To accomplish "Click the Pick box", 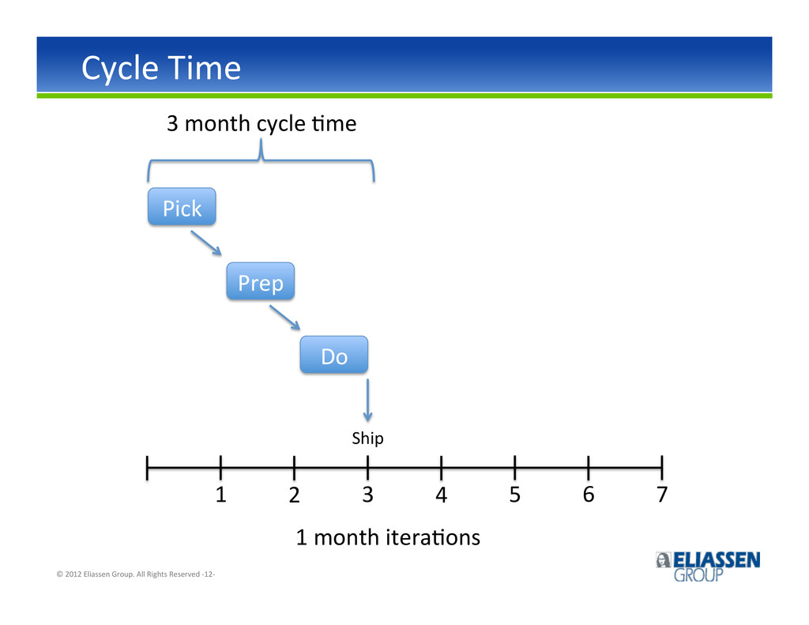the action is click(x=182, y=206).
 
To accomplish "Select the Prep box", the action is click(x=261, y=281).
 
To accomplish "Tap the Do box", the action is click(x=334, y=355).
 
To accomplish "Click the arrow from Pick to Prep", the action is click(x=206, y=243).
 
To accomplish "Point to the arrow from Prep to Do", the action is click(x=284, y=318).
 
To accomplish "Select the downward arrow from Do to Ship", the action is click(x=367, y=401).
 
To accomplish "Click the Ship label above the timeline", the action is click(x=367, y=439).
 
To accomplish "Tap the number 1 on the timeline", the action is click(x=221, y=495).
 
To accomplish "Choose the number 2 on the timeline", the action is click(x=294, y=495).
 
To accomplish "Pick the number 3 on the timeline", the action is click(x=367, y=495).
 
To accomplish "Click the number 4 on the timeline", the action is click(x=441, y=495).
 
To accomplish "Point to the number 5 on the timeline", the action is click(x=515, y=495).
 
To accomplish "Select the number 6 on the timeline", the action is click(x=588, y=495).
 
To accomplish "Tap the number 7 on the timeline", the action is click(x=662, y=495).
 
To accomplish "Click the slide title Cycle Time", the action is click(x=161, y=69).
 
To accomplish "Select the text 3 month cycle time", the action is click(x=262, y=124).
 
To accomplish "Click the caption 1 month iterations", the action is click(x=388, y=538).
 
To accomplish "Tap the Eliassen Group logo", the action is click(x=708, y=567).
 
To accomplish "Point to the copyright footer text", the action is click(x=136, y=574).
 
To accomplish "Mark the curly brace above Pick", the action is click(x=261, y=160).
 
